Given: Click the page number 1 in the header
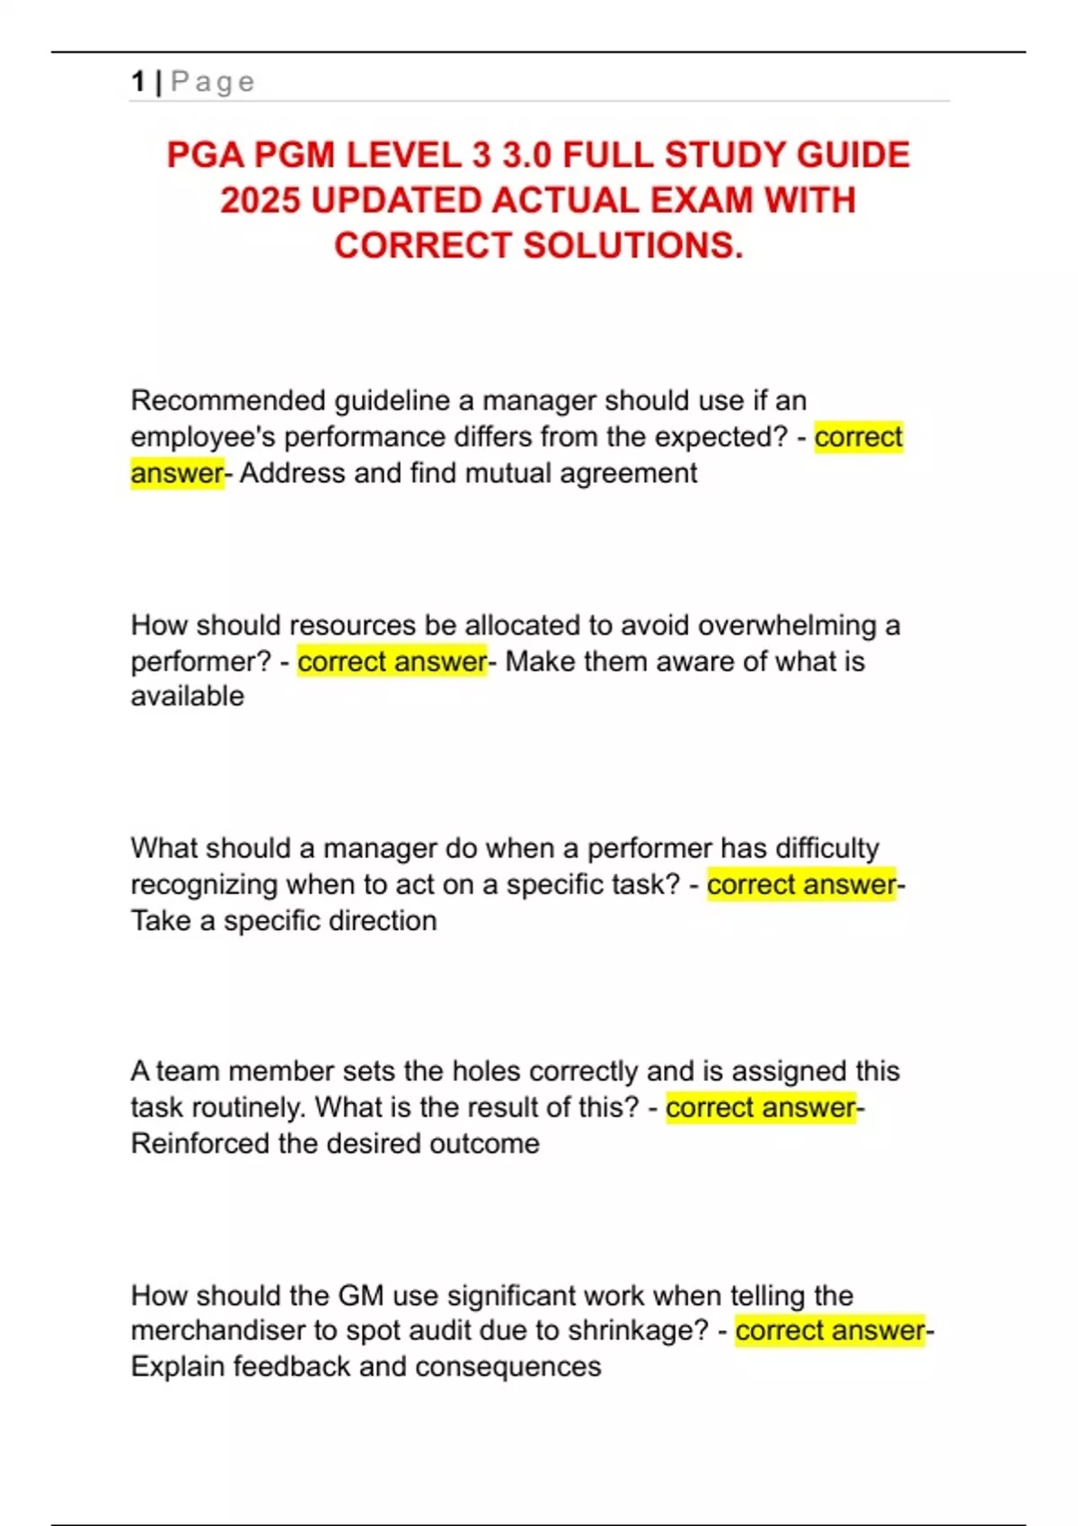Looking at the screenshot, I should [137, 82].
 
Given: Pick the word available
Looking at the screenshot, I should [187, 697].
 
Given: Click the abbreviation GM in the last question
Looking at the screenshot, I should [360, 1295].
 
